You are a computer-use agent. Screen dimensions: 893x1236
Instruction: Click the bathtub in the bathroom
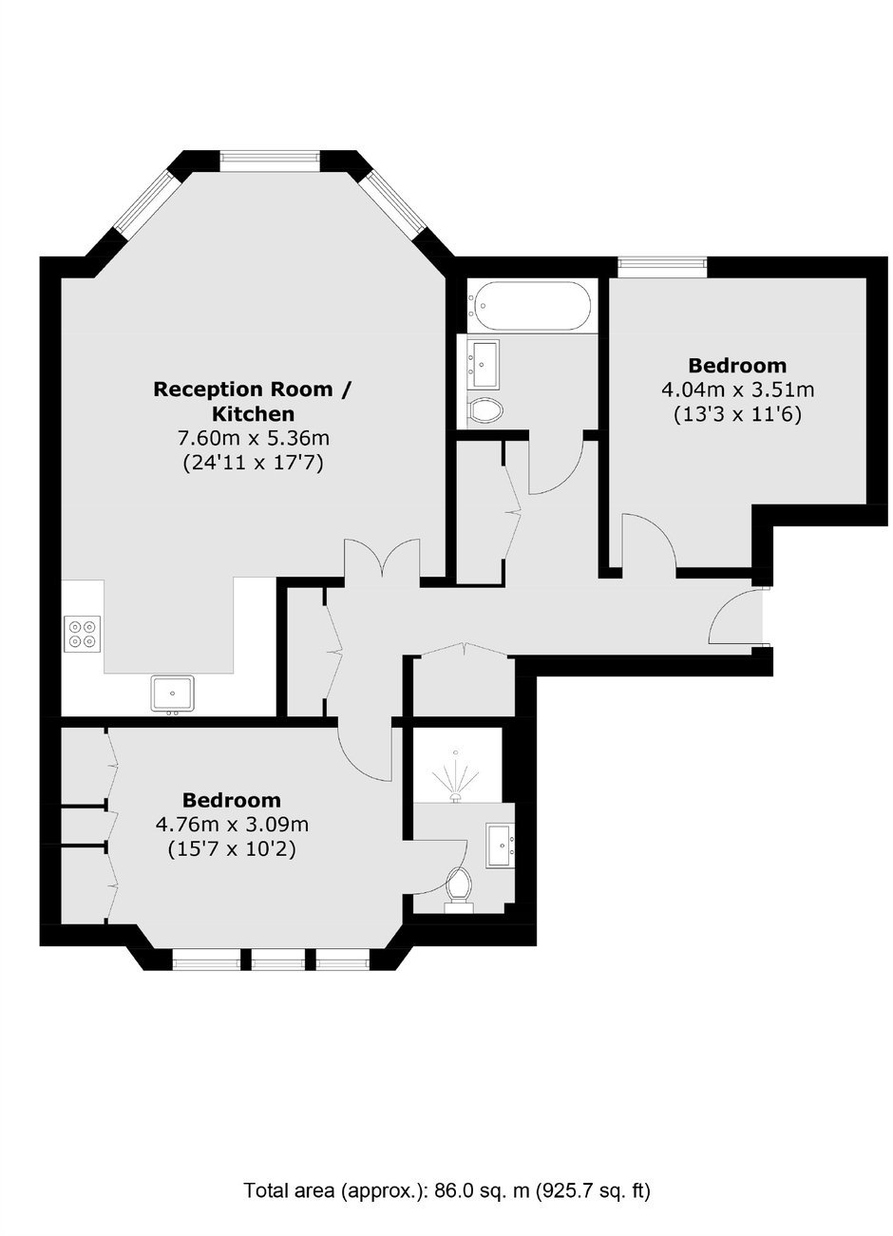coord(529,306)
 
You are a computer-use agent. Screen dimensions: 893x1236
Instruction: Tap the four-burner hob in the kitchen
coord(83,634)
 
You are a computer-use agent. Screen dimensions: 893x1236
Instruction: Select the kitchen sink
coord(172,694)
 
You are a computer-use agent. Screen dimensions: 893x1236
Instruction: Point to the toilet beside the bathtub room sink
coord(485,409)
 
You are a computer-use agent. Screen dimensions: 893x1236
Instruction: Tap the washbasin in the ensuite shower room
coord(501,845)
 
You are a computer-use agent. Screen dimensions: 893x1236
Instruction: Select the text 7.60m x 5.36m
coord(253,438)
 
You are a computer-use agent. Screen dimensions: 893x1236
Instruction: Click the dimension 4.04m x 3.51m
coord(737,390)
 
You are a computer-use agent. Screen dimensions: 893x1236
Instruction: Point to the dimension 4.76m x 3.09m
coord(232,825)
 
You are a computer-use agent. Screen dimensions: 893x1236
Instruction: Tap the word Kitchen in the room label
coord(254,413)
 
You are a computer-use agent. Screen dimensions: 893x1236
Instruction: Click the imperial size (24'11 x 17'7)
coord(253,463)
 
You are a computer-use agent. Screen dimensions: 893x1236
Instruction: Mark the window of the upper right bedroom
coord(662,268)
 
